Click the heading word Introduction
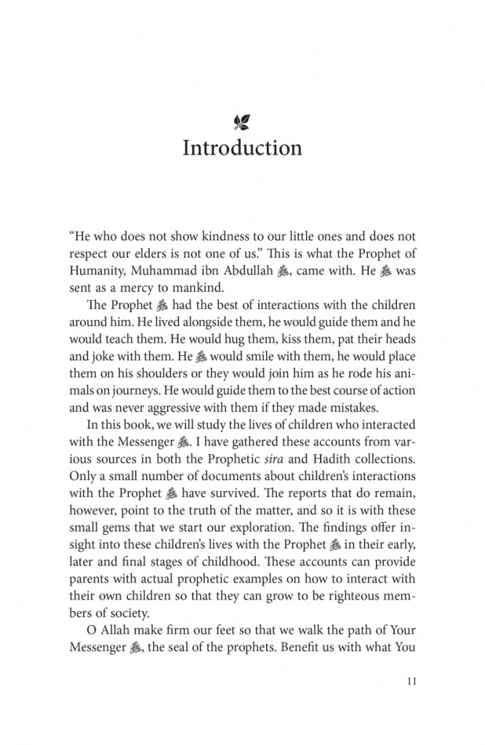(242, 148)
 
